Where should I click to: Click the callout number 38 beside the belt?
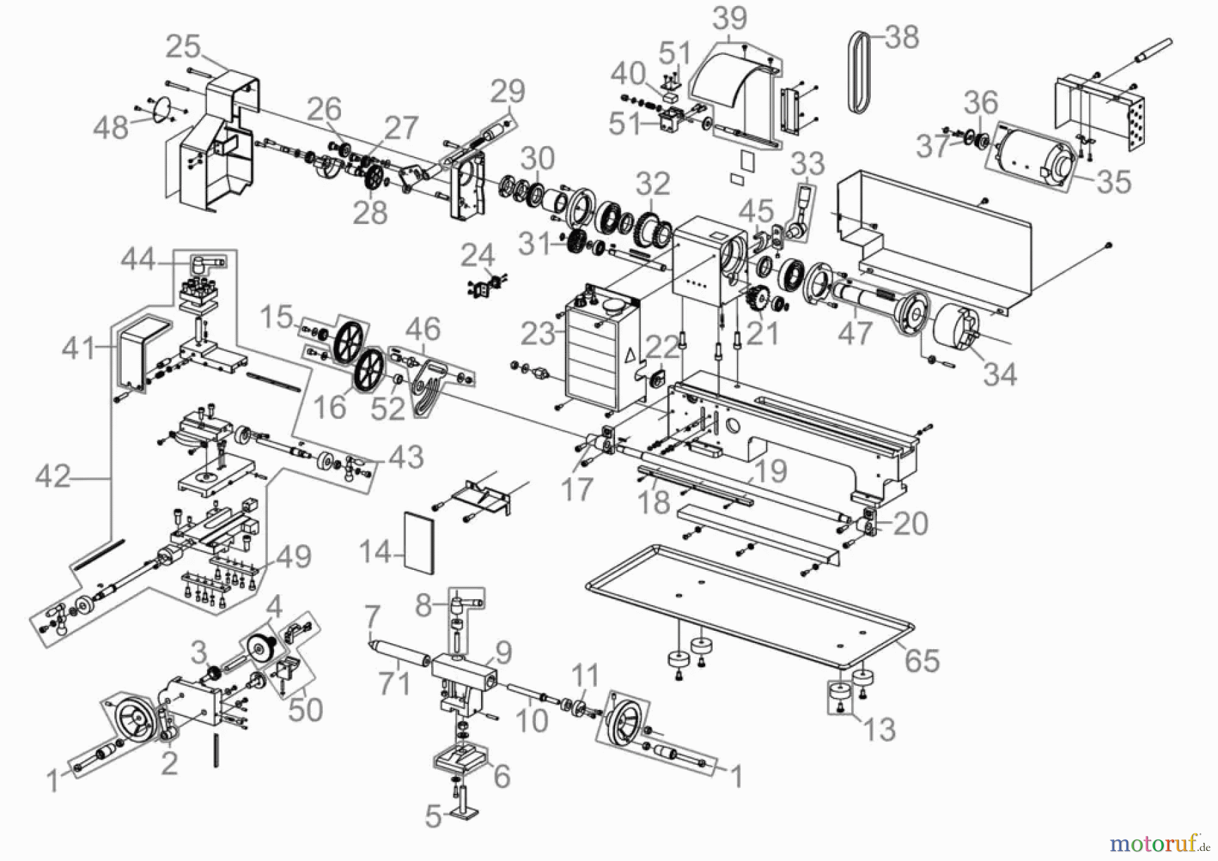tap(901, 37)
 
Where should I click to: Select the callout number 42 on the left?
tap(53, 477)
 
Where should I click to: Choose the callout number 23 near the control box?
tap(538, 334)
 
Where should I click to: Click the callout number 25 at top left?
tap(183, 47)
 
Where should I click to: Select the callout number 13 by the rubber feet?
tap(879, 730)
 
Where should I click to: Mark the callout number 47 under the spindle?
tap(855, 333)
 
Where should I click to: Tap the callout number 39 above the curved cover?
tap(729, 18)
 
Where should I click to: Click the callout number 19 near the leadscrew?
tap(769, 471)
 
